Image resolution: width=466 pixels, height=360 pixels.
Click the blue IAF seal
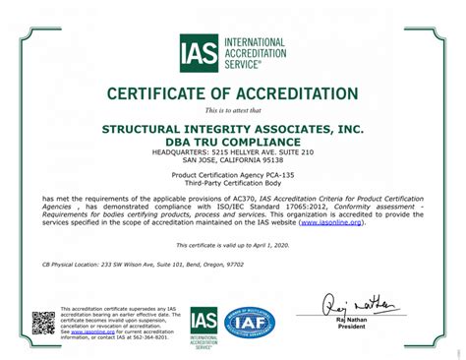click(250, 323)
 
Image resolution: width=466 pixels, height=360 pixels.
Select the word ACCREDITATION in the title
click(298, 94)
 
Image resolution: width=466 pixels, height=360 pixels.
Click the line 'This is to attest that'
click(233, 111)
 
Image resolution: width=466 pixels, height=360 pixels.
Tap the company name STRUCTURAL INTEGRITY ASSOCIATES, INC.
click(233, 129)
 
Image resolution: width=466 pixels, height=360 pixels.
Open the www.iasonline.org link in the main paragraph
click(331, 222)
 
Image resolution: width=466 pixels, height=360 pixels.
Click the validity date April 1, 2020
click(270, 244)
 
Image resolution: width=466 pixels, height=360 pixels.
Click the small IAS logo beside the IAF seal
click(204, 326)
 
